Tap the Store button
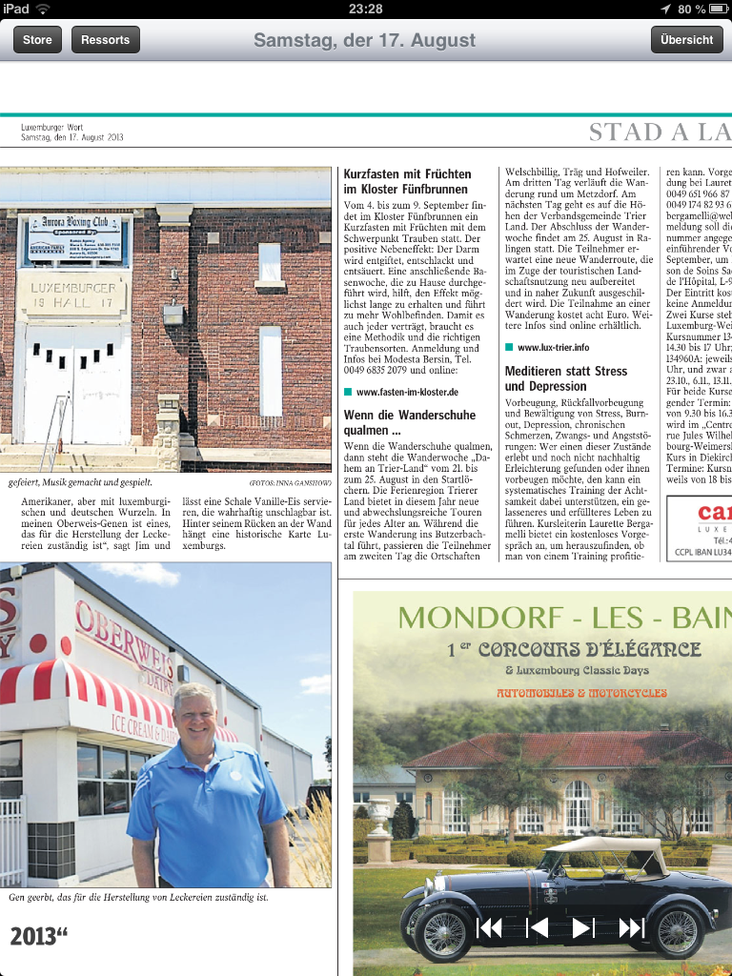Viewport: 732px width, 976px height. (37, 39)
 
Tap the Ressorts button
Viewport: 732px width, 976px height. (105, 39)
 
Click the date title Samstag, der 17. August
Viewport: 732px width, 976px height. (364, 40)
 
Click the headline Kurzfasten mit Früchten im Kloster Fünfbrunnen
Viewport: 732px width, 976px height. (407, 181)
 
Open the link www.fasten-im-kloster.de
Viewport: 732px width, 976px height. (407, 392)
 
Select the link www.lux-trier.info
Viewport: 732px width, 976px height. (553, 348)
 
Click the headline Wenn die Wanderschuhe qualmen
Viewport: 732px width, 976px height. (410, 422)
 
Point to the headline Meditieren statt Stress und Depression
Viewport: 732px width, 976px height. (566, 378)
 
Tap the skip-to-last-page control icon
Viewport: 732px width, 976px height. (631, 927)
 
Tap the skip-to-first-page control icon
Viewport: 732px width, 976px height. (489, 927)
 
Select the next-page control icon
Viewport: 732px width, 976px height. (583, 927)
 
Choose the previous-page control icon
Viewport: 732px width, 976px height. (537, 927)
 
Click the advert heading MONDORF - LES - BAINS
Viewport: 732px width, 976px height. (562, 618)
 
